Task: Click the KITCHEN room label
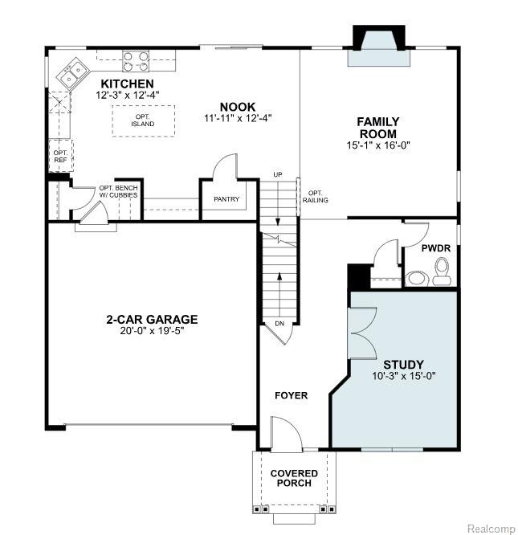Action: pos(127,84)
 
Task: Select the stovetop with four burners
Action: pos(136,61)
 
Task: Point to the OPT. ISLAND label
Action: pos(142,120)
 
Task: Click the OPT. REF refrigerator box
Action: pos(61,156)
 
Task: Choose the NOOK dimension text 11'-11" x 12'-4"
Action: pos(238,118)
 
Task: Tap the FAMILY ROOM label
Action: pos(378,128)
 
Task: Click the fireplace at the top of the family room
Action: pos(379,45)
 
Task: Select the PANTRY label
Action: pos(226,199)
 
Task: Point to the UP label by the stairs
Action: pos(278,174)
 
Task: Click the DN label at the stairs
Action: pos(279,324)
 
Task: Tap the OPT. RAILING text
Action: pos(315,197)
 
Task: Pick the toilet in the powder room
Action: pos(442,272)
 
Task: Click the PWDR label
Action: pos(436,248)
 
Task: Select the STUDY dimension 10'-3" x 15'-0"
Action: pos(404,376)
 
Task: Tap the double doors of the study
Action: pos(362,333)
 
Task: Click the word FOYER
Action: pos(292,395)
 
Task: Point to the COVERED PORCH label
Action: pos(294,478)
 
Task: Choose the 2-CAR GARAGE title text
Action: pos(152,320)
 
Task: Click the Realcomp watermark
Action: pos(491,529)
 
